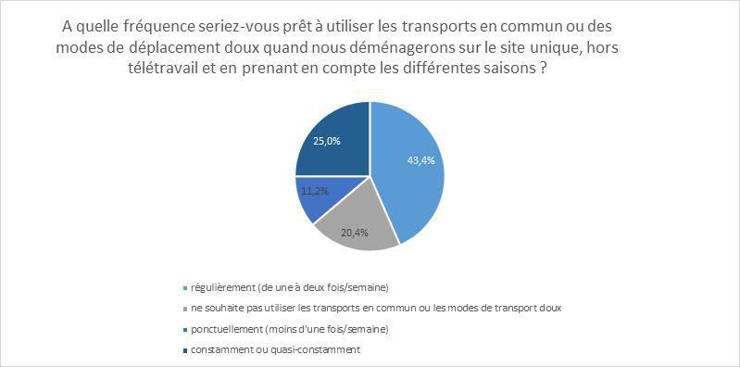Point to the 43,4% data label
point(421,160)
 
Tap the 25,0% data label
point(326,141)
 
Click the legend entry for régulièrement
point(277,286)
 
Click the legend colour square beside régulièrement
point(188,287)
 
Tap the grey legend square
point(188,308)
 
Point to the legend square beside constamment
point(188,350)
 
